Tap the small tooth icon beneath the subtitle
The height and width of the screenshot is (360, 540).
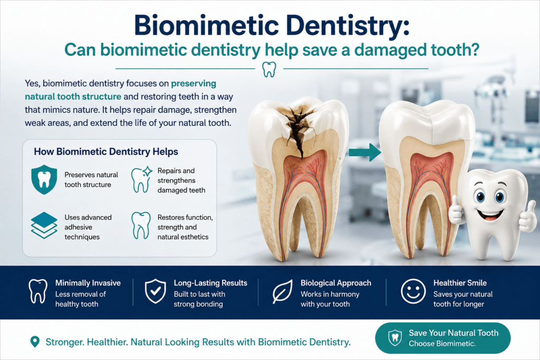[x=269, y=69]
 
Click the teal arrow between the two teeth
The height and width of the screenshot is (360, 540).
[x=365, y=152]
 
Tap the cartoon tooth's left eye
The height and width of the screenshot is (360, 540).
[x=480, y=197]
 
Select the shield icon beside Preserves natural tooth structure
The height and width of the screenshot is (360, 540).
[x=44, y=179]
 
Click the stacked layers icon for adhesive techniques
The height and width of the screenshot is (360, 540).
[x=44, y=226]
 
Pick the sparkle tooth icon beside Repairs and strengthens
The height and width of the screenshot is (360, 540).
[x=141, y=179]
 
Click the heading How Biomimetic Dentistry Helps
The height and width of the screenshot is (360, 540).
[x=106, y=152]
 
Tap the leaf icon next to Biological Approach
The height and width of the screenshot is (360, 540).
[x=283, y=291]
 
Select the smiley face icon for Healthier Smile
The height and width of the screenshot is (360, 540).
[x=413, y=291]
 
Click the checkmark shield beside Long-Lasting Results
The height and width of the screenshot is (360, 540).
[x=156, y=291]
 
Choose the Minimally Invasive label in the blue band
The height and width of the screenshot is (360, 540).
[x=88, y=283]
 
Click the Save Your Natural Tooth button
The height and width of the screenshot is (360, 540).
[x=442, y=338]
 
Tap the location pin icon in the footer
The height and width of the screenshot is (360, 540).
[x=35, y=342]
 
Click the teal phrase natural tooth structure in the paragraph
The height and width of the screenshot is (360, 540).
[x=73, y=96]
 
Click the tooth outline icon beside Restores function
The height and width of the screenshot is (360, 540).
[x=141, y=226]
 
